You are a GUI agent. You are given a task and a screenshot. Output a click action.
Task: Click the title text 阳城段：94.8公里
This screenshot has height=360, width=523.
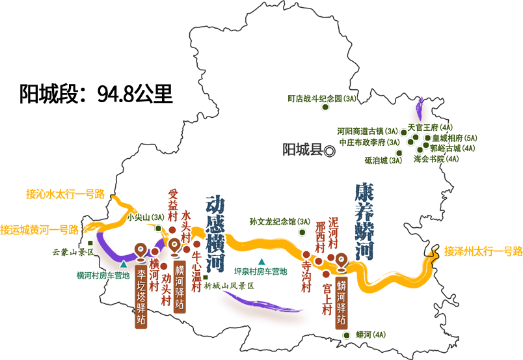click(96, 94)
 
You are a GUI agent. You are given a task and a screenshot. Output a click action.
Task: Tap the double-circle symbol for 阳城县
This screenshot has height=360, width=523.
click(330, 151)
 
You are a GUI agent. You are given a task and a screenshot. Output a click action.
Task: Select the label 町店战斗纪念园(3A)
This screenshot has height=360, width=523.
click(322, 98)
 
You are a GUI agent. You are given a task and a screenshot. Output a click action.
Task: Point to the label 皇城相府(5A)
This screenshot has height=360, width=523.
click(455, 138)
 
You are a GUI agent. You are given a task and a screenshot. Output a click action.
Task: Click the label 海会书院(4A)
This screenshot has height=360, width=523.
click(436, 159)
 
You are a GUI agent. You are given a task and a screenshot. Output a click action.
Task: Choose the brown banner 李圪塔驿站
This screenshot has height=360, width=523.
click(141, 297)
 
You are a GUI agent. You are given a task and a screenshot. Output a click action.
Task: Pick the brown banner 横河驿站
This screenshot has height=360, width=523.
click(180, 287)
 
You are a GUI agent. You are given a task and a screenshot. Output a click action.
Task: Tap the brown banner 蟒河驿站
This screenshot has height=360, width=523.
click(342, 303)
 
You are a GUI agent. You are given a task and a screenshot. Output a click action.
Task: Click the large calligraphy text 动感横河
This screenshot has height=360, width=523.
click(215, 234)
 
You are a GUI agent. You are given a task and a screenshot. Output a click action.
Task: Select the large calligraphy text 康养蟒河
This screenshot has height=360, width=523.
click(364, 221)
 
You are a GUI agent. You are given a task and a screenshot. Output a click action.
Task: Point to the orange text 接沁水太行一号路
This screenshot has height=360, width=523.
click(65, 194)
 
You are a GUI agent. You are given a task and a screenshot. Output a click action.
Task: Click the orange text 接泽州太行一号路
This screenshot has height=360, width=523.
click(483, 251)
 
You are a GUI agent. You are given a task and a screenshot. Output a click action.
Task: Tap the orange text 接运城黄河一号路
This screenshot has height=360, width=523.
click(40, 230)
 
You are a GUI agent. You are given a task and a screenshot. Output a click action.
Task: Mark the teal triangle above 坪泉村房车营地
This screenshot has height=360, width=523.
click(262, 261)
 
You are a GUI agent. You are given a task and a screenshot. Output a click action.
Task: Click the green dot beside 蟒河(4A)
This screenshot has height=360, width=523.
click(347, 335)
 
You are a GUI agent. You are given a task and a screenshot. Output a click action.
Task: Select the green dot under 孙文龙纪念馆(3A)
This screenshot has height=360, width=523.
click(302, 232)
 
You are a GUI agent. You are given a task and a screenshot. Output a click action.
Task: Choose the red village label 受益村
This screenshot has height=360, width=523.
click(173, 205)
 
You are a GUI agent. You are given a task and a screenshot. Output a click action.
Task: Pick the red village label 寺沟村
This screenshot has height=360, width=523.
click(306, 277)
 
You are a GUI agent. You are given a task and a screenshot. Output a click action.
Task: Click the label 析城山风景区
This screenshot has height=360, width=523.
click(229, 286)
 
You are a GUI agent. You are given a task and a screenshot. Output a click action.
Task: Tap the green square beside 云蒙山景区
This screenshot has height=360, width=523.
click(90, 243)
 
